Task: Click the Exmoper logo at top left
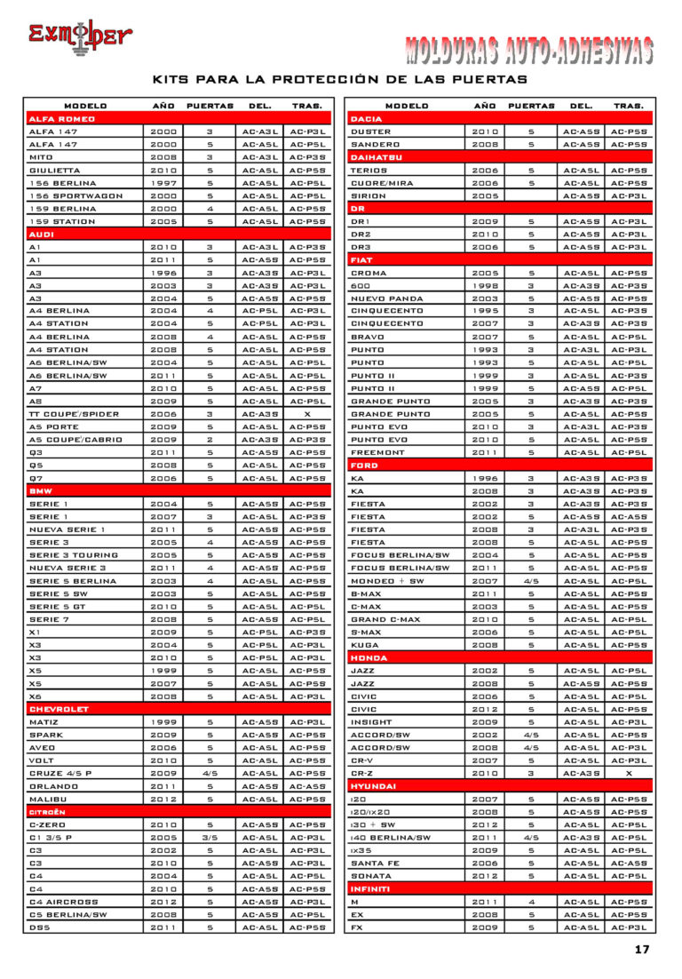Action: tap(79, 37)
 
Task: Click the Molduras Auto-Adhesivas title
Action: tap(529, 51)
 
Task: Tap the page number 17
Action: tap(642, 950)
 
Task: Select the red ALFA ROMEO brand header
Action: tap(62, 118)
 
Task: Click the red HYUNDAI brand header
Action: tap(374, 786)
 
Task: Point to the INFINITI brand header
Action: tap(371, 888)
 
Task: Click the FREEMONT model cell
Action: tap(378, 452)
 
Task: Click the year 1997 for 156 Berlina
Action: tap(163, 182)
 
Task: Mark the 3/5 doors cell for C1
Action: tap(210, 837)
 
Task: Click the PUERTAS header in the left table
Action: tap(210, 106)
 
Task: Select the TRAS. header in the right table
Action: tap(629, 106)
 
